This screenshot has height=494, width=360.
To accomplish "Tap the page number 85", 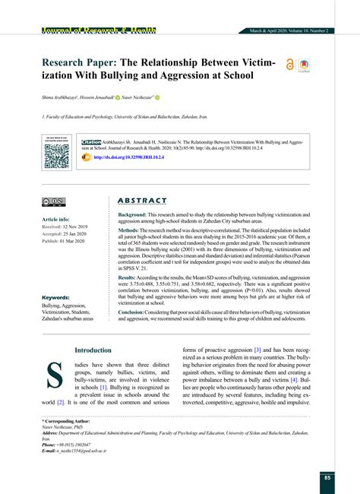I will pos(327,477).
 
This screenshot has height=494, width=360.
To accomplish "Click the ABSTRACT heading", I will pos(142,201).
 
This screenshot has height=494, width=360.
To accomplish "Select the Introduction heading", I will pos(93,350).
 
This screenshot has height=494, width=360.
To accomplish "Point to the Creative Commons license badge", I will pos(54,202).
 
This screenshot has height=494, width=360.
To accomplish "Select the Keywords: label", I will pos(57,298).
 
